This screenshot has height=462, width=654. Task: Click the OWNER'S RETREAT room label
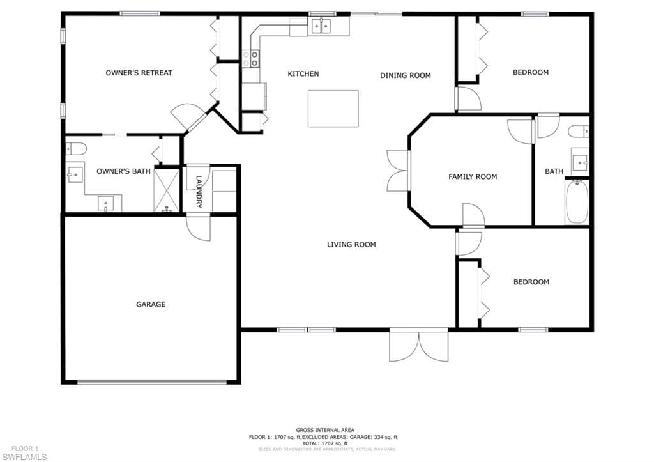(139, 73)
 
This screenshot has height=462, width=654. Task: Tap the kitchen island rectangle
(333, 109)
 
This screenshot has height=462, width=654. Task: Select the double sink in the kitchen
(321, 27)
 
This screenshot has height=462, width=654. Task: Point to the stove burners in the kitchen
(251, 59)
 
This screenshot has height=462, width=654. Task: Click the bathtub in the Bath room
(577, 201)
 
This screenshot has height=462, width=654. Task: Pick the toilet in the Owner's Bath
(76, 148)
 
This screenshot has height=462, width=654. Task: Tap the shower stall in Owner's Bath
(167, 190)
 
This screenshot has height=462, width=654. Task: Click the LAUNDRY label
(199, 192)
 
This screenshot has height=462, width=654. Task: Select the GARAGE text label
(151, 304)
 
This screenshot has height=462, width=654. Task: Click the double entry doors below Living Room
(419, 345)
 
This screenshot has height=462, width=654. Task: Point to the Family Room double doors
(399, 170)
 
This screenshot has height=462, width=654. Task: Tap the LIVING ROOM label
(351, 245)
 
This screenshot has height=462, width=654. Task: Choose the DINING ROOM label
(406, 75)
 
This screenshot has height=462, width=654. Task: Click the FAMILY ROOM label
(473, 176)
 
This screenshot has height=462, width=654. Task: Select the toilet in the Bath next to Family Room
(579, 131)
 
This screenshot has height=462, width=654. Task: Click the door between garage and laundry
(198, 227)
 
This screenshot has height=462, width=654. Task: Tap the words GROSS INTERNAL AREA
(325, 430)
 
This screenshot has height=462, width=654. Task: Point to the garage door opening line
(152, 382)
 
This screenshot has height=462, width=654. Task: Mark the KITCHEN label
(303, 74)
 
